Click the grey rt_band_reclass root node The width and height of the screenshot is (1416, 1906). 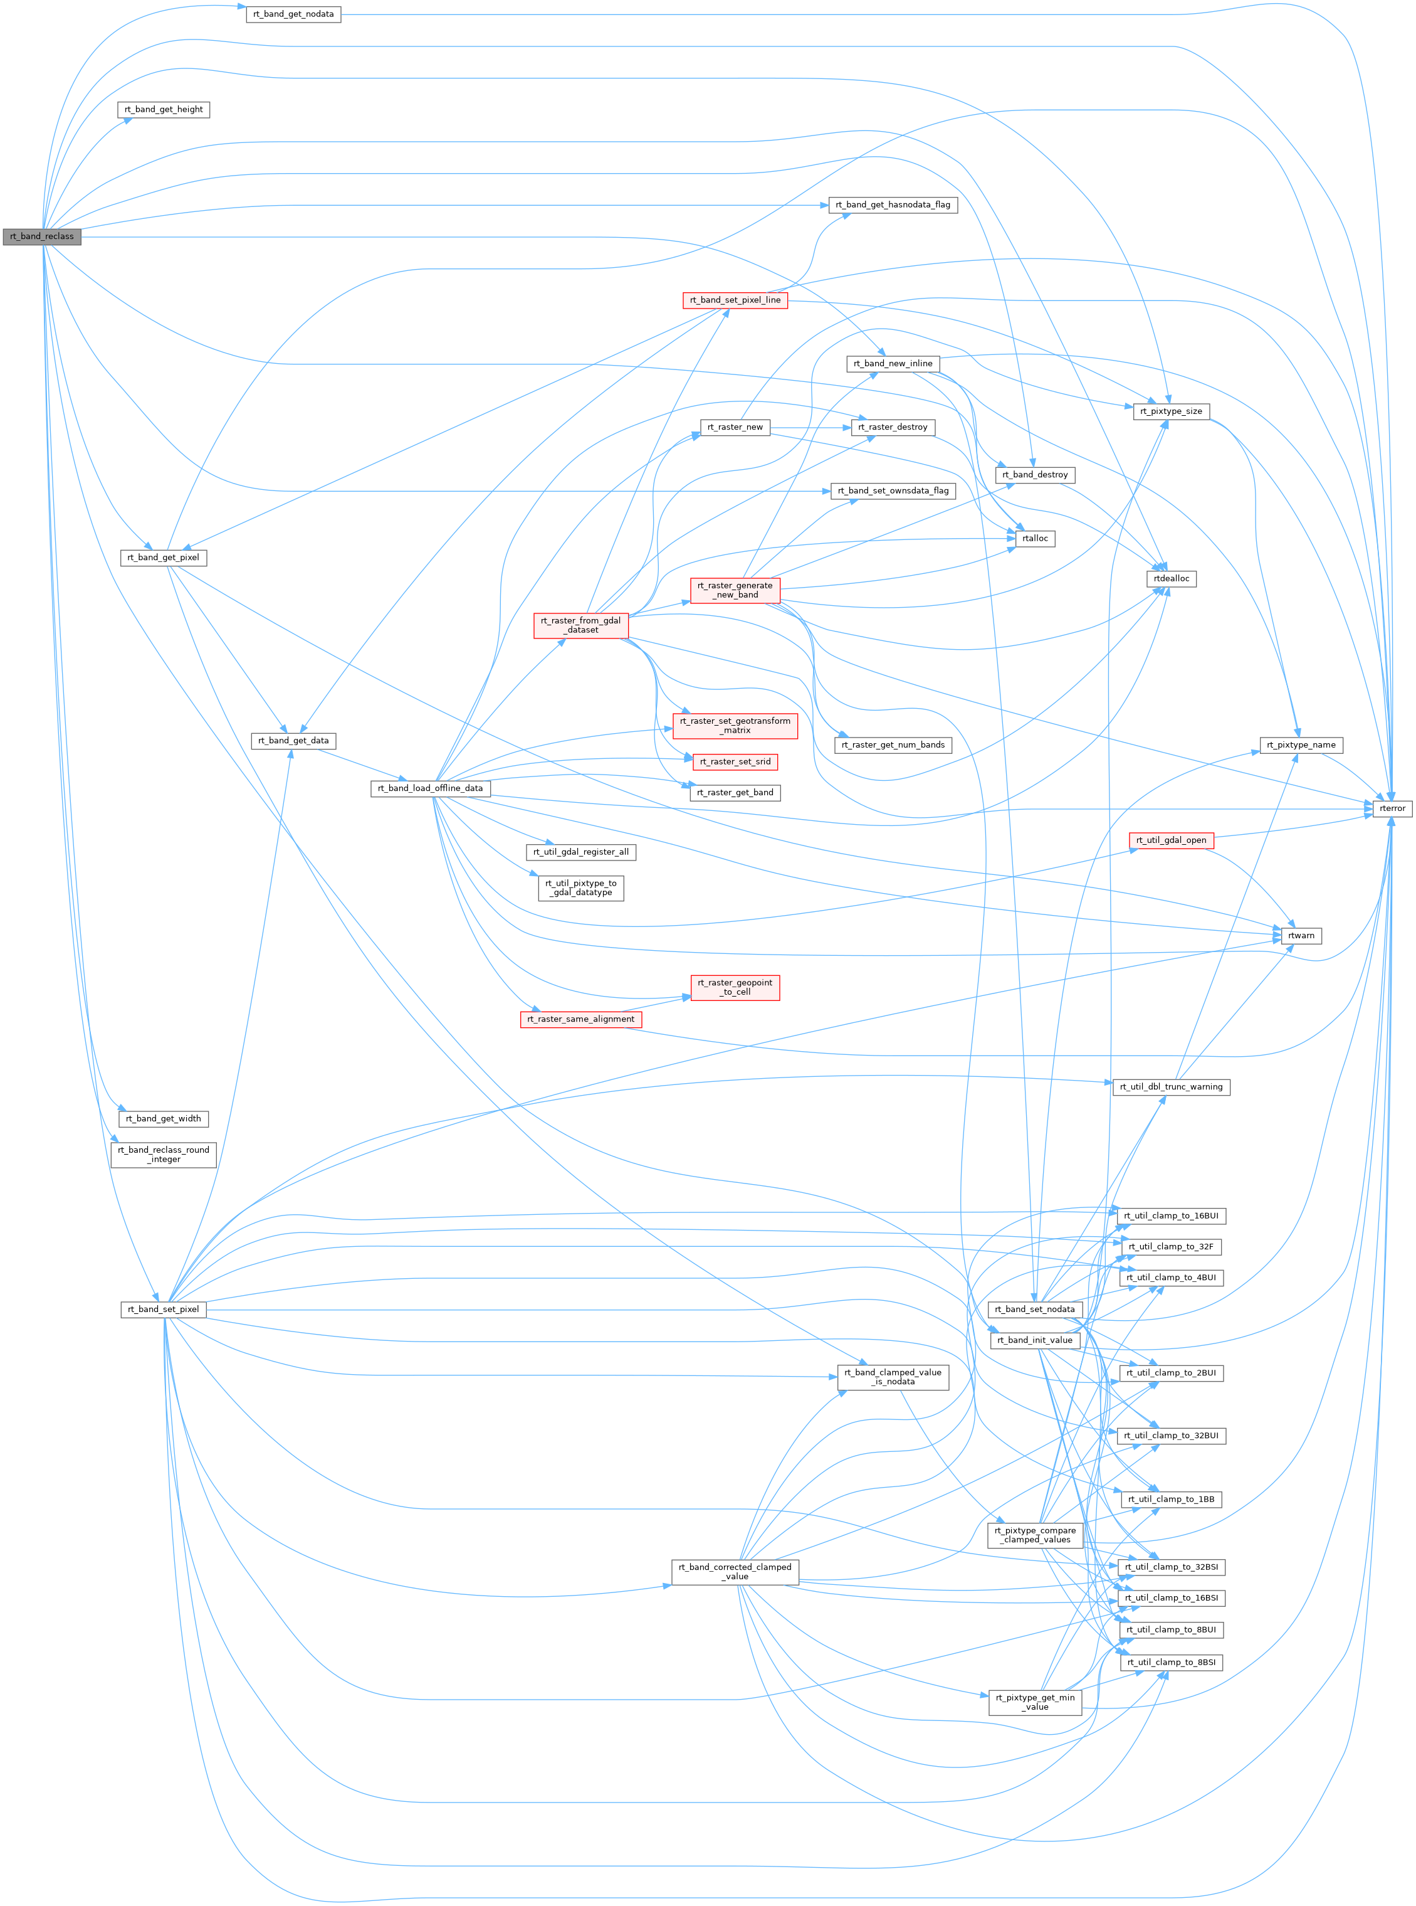coord(41,236)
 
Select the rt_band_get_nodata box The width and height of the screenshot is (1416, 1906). coord(293,14)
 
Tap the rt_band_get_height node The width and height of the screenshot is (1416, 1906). coord(164,110)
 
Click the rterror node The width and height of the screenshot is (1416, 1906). coord(1392,808)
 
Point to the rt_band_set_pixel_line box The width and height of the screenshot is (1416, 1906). coord(735,300)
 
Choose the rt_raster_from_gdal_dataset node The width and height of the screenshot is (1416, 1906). coord(581,625)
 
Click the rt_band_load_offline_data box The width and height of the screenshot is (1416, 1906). coord(430,788)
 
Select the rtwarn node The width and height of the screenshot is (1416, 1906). coord(1301,935)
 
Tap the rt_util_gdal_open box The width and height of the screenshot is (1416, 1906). coord(1171,840)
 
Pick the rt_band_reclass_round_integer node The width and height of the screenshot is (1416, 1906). coord(164,1154)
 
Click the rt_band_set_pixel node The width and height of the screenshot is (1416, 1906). coord(163,1310)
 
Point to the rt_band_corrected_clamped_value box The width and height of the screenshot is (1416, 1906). coord(735,1572)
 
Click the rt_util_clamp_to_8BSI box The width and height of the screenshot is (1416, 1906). coord(1171,1663)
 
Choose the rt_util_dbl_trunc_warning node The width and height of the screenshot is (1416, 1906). coord(1171,1087)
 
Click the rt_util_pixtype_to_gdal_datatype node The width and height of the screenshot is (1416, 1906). coord(581,887)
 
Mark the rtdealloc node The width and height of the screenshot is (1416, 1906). coord(1171,579)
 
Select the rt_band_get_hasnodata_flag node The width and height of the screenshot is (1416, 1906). coord(892,205)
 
